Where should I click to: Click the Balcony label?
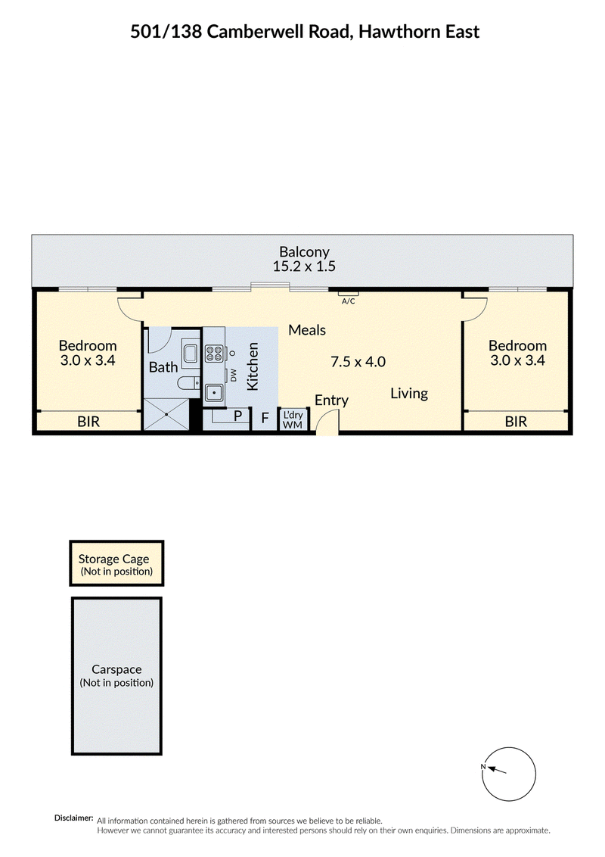coord(304,251)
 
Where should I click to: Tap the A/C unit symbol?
coord(349,294)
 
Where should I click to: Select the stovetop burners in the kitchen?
coord(213,354)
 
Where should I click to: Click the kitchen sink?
coord(213,392)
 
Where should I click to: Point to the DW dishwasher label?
coord(234,375)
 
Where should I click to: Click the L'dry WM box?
coord(293,419)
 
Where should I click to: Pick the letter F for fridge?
coord(265,419)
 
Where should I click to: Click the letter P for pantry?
coord(237,416)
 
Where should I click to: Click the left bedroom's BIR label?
coord(88,422)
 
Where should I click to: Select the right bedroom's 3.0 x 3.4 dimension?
coord(517,360)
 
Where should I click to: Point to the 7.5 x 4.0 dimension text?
coord(358,361)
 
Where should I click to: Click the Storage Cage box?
coord(116,563)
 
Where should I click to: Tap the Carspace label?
coord(116,669)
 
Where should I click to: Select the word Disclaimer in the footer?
coord(73,818)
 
